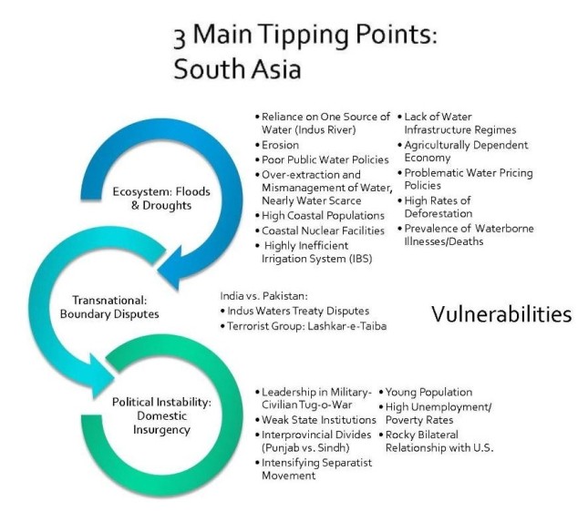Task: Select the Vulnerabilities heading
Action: coord(500,314)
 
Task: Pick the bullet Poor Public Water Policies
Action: coord(317,159)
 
